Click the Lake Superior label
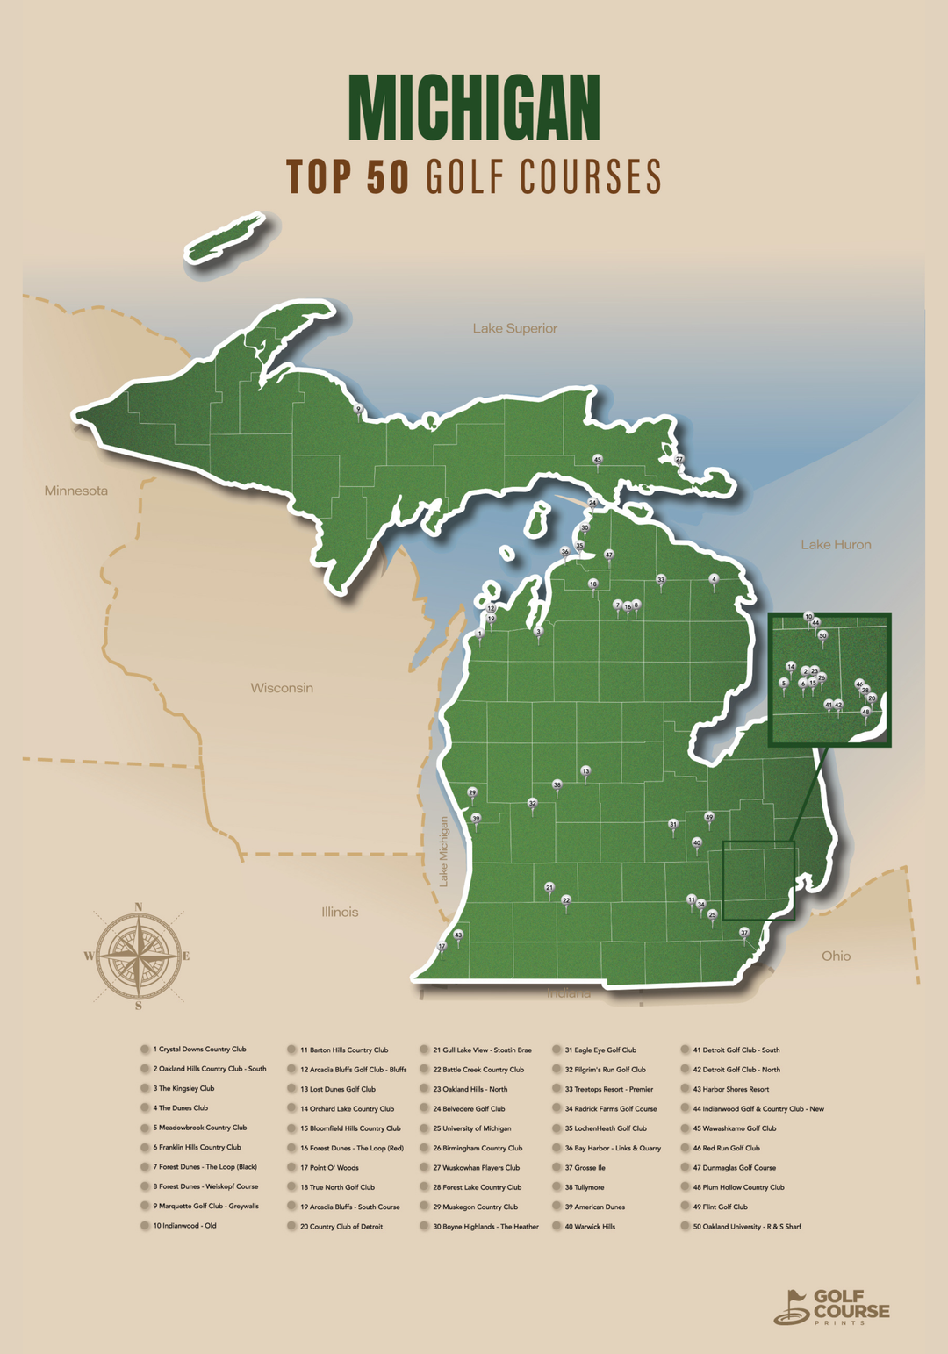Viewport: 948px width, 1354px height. (x=514, y=328)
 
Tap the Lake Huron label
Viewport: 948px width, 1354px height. (x=836, y=545)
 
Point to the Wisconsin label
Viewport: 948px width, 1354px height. (x=282, y=688)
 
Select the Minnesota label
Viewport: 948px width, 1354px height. (x=76, y=491)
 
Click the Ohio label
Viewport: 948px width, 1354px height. (x=836, y=956)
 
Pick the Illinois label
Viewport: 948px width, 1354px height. (x=340, y=912)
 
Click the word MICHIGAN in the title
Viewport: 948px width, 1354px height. (x=474, y=107)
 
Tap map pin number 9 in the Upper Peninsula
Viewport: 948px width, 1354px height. (x=358, y=409)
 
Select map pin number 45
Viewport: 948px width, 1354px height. (x=598, y=460)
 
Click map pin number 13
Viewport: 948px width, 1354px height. (x=585, y=771)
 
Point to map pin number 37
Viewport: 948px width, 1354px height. (x=744, y=933)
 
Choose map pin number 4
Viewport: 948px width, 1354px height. (x=714, y=580)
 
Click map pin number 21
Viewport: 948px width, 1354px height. (x=549, y=888)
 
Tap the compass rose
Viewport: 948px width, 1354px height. (x=138, y=956)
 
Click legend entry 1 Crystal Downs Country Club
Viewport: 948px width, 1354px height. (x=199, y=1050)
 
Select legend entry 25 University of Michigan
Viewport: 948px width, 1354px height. (x=471, y=1128)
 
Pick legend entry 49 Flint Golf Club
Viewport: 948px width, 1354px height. (x=720, y=1207)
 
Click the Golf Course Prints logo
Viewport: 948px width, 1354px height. (x=831, y=1306)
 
